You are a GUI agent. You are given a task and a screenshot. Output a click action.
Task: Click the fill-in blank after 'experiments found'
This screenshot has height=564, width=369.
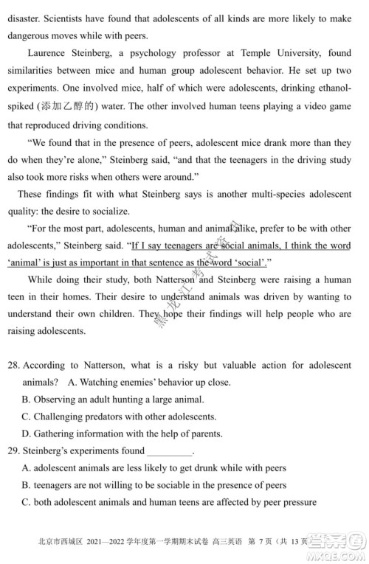pyautogui.click(x=170, y=451)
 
